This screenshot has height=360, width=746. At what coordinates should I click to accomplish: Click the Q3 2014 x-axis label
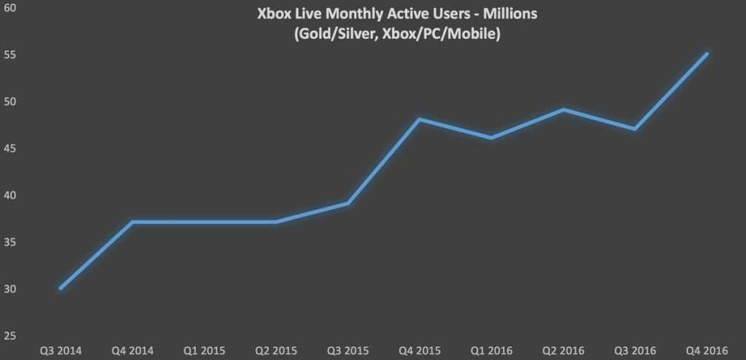(x=60, y=351)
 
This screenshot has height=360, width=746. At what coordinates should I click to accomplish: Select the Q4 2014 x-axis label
(x=132, y=351)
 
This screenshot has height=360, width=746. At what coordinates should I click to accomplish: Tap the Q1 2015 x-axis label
(x=203, y=351)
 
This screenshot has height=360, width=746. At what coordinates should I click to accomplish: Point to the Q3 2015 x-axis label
(x=348, y=351)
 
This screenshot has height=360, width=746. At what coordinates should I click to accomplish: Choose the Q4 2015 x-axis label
(x=420, y=351)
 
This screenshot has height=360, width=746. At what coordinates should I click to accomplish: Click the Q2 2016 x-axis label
(x=563, y=351)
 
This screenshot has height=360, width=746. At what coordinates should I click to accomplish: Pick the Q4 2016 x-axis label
(x=707, y=351)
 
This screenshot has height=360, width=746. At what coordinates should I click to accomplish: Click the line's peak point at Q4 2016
(x=707, y=54)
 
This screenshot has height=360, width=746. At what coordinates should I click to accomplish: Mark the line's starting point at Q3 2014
(x=60, y=288)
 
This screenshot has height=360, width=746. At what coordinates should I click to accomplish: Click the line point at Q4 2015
(x=420, y=119)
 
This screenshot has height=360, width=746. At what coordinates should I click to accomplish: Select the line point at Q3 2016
(x=635, y=129)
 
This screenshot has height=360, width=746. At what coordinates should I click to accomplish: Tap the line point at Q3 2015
(x=348, y=203)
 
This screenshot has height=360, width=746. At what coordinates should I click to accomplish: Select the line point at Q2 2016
(x=563, y=110)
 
